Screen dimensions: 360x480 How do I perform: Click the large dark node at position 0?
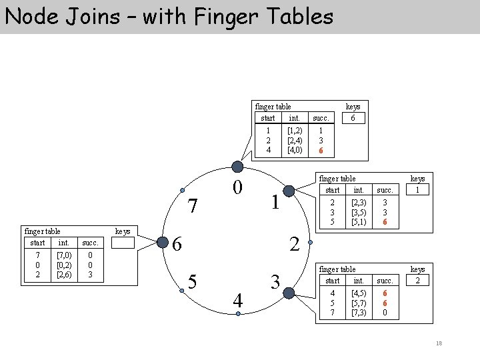(237, 167)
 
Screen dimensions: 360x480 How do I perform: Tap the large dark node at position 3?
(288, 293)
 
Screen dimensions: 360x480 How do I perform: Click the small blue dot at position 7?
(183, 191)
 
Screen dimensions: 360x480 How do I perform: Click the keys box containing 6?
(353, 118)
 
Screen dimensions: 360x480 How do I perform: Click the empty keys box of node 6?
(122, 243)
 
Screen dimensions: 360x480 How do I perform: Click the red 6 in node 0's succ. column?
(321, 150)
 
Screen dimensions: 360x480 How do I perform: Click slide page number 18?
(439, 343)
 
